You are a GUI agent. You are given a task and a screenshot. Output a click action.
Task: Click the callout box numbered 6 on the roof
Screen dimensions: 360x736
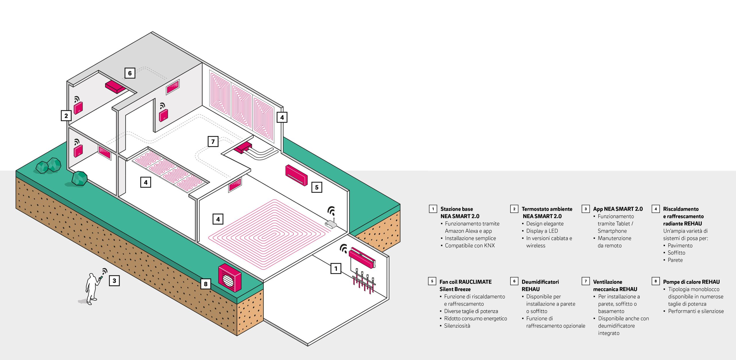click(130, 73)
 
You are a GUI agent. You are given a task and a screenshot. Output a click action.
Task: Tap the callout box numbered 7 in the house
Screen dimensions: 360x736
click(213, 142)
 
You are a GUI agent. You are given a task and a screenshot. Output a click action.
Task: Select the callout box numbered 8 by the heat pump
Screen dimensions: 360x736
click(206, 284)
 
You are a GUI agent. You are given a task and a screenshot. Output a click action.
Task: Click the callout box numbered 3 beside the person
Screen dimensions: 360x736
click(114, 281)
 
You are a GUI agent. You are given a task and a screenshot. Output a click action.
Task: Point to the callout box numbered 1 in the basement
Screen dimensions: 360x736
click(336, 269)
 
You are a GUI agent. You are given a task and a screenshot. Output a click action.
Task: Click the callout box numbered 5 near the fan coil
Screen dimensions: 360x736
click(317, 187)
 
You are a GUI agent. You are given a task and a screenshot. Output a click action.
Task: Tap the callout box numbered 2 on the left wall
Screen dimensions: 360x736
click(66, 116)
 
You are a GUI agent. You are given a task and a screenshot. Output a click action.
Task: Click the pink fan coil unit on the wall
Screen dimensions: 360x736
click(296, 175)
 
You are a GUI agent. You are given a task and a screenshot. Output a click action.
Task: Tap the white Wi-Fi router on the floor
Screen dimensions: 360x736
click(331, 224)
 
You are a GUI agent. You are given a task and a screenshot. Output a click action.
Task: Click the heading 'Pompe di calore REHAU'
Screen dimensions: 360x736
click(691, 282)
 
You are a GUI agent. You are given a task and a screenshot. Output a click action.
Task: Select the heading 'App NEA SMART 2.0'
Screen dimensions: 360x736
click(618, 209)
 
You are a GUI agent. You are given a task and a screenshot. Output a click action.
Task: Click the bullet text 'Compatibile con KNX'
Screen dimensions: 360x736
click(470, 245)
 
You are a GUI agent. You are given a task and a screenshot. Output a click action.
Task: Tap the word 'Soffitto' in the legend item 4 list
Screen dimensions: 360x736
click(676, 253)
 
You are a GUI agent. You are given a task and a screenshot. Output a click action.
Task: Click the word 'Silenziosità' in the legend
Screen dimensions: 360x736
click(457, 326)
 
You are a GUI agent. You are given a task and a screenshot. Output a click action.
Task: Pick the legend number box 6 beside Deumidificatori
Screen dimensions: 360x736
click(514, 281)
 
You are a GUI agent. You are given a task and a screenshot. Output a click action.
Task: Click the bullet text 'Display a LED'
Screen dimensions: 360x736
click(542, 231)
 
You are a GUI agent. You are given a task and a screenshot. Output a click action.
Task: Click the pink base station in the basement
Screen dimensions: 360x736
click(362, 257)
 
